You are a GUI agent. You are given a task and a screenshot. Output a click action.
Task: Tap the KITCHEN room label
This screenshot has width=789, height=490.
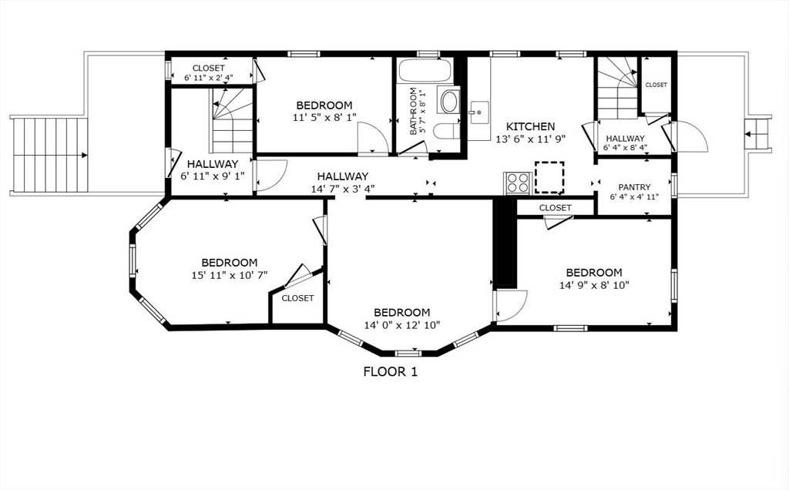click(x=530, y=126)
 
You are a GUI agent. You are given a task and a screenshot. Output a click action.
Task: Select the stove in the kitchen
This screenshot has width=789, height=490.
click(x=516, y=183)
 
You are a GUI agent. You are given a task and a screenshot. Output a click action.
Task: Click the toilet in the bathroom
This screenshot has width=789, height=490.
click(x=446, y=130)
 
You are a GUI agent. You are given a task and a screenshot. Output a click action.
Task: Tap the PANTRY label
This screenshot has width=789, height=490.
click(x=634, y=187)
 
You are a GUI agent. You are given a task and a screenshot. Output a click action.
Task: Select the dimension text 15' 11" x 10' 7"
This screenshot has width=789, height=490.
click(x=230, y=275)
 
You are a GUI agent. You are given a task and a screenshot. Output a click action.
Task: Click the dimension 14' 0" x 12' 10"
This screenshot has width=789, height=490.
click(x=401, y=324)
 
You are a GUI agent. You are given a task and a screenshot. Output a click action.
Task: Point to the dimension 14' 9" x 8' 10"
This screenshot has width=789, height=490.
click(x=594, y=284)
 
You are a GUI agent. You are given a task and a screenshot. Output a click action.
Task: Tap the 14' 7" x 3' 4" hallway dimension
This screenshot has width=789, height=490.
click(x=342, y=189)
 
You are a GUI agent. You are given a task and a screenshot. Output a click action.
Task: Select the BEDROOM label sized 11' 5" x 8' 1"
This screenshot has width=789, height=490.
click(x=324, y=106)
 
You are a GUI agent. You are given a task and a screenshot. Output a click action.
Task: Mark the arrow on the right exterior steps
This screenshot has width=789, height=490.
click(x=747, y=133)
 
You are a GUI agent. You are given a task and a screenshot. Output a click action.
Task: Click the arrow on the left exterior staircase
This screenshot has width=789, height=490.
click(x=82, y=156)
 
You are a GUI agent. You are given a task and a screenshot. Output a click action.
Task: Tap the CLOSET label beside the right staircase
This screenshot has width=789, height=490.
click(x=656, y=85)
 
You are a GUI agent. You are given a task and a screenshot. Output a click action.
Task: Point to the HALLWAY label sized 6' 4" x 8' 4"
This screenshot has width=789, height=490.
click(x=626, y=139)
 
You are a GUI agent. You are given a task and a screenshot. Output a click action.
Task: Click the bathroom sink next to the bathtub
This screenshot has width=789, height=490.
click(x=448, y=99)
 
